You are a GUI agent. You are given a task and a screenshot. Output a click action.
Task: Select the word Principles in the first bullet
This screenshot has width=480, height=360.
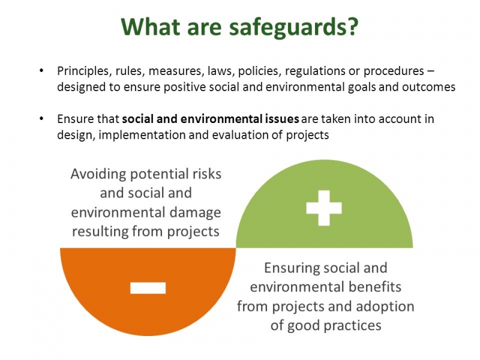(81, 71)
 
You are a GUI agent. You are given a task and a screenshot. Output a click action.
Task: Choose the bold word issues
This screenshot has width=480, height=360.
(283, 119)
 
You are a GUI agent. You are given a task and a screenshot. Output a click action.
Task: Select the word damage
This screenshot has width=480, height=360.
(193, 212)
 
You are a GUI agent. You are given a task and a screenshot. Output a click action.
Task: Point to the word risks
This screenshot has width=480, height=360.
(205, 174)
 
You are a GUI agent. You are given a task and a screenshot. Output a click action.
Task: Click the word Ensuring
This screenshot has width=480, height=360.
(293, 268)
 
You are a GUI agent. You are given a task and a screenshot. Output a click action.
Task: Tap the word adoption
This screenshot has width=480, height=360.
(388, 306)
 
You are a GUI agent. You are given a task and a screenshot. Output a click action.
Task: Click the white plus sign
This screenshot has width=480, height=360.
(324, 207)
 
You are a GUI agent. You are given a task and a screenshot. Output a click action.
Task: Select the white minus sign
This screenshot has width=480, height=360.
(148, 288)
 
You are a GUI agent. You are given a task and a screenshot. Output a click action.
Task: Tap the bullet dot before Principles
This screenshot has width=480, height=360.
(41, 71)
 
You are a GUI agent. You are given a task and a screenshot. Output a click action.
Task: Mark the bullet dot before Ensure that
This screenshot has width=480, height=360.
(41, 119)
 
